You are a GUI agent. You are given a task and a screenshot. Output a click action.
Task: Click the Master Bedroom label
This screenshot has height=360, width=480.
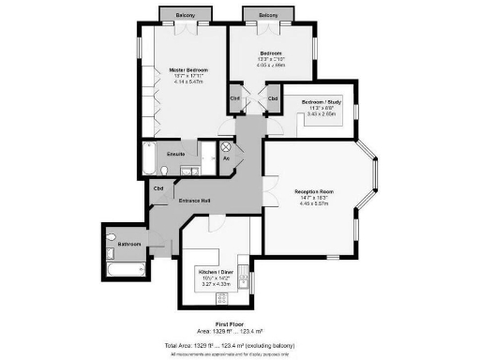(188, 70)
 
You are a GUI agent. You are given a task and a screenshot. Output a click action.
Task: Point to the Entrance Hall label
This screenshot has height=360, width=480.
(195, 202)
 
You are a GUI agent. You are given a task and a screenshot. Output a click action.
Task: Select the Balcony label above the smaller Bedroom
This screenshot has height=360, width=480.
(268, 16)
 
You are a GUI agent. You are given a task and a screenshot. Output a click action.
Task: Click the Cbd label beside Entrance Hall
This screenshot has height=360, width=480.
(159, 187)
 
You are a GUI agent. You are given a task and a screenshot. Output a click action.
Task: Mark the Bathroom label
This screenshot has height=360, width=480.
(128, 244)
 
